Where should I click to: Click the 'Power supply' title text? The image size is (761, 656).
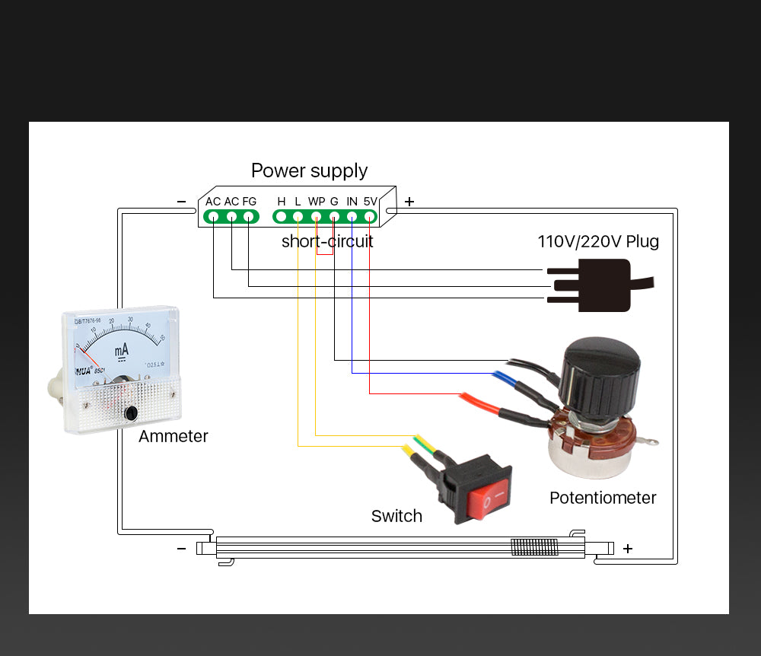(x=309, y=170)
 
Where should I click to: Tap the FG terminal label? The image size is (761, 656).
(x=250, y=202)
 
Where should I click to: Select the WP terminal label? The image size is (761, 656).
(x=317, y=202)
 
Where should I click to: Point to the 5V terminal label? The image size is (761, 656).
(x=371, y=202)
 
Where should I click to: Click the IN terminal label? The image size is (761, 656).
(x=352, y=202)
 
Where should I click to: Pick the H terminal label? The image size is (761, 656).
(x=282, y=202)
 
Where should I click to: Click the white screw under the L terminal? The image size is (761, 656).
(x=298, y=217)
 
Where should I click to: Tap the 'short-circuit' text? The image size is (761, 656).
(x=327, y=242)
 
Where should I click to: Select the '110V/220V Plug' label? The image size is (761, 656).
(x=598, y=242)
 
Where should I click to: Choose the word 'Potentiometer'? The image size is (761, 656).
(x=603, y=498)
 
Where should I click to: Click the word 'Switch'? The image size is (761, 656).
(x=396, y=516)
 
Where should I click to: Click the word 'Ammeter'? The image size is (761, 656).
(x=173, y=436)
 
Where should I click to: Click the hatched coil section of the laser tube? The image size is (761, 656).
(x=534, y=546)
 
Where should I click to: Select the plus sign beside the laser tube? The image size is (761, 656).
(x=628, y=548)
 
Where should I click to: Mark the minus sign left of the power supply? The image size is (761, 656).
(x=181, y=202)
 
